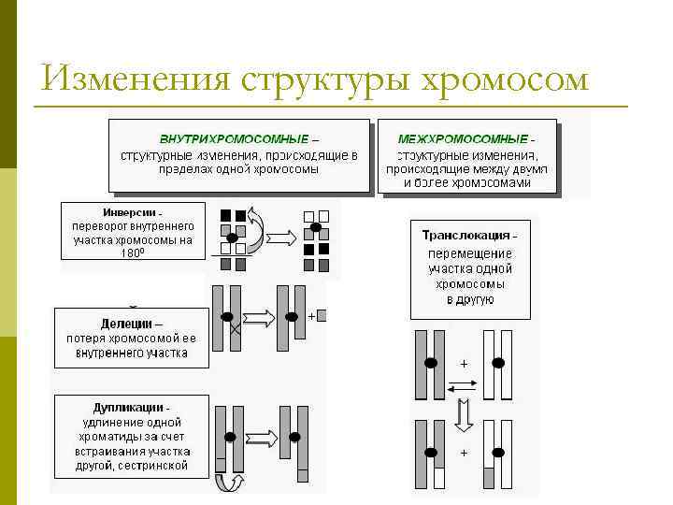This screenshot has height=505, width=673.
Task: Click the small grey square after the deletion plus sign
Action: pyautogui.click(x=322, y=316)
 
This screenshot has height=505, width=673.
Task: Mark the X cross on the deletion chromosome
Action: pyautogui.click(x=235, y=330)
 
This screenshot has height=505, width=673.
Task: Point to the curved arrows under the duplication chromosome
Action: pyautogui.click(x=229, y=482)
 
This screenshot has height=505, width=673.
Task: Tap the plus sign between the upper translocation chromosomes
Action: pyautogui.click(x=463, y=362)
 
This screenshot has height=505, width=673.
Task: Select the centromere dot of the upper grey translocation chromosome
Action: pyautogui.click(x=430, y=362)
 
